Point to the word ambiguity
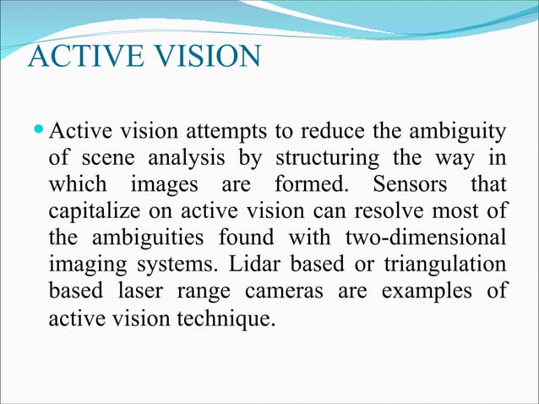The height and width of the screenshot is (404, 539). pyautogui.click(x=456, y=134)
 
